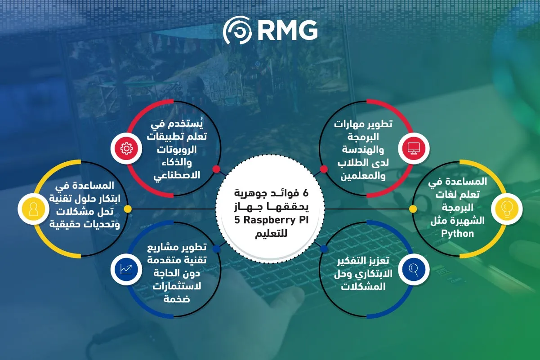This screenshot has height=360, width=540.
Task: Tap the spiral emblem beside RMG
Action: (238, 31)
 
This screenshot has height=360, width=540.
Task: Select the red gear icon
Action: (126, 148)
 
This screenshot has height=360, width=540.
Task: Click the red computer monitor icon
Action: (414, 148)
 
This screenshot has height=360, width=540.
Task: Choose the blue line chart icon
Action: (126, 269)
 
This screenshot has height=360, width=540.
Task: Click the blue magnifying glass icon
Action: (414, 269)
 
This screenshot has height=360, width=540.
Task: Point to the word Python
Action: (457, 234)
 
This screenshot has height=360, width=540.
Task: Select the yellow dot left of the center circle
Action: (128, 209)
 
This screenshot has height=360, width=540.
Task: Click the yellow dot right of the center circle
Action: (413, 209)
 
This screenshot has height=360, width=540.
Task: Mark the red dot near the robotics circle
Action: (216, 169)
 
